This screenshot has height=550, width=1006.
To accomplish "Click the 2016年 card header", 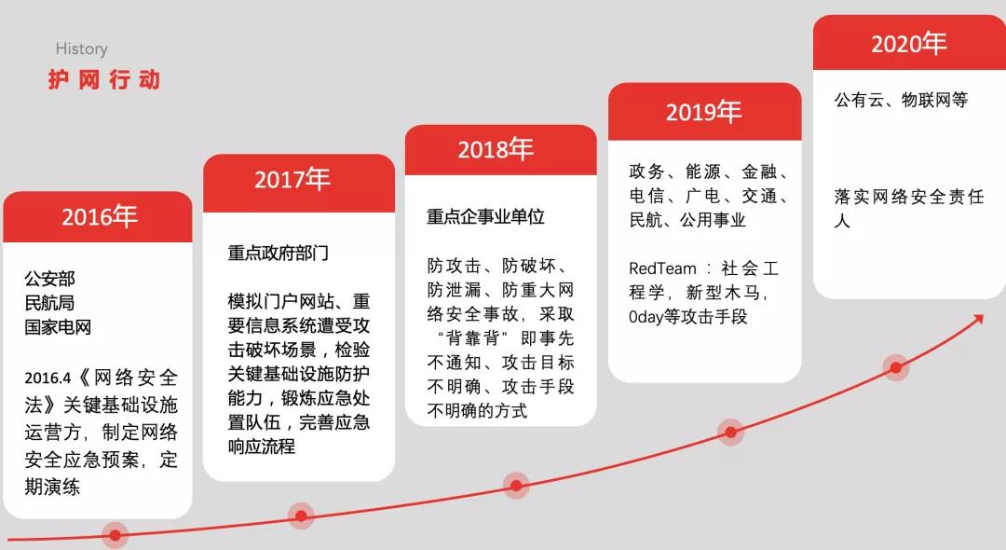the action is click(x=98, y=217).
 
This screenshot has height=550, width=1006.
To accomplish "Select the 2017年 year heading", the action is click(x=292, y=179).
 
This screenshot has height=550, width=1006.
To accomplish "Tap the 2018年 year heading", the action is click(x=496, y=149).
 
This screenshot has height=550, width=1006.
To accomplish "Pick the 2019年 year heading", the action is click(x=704, y=112).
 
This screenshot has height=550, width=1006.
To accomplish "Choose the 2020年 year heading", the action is click(x=909, y=44).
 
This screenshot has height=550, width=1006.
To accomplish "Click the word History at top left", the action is click(x=81, y=48).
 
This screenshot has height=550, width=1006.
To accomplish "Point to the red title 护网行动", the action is click(x=104, y=79).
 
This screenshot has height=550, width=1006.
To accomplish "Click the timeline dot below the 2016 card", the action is click(x=115, y=534).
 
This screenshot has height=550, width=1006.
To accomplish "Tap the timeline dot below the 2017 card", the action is click(x=301, y=516).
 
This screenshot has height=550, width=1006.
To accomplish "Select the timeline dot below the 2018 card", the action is click(x=516, y=485).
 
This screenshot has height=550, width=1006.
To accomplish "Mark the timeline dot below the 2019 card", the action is click(x=731, y=432).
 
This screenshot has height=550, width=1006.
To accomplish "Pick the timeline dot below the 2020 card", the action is click(x=896, y=367).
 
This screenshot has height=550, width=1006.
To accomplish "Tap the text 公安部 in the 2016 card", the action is click(x=50, y=279).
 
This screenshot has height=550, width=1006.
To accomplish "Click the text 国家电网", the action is click(x=58, y=327).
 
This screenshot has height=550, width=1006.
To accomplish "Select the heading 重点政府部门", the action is click(x=279, y=253).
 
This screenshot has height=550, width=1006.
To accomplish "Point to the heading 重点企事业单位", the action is click(x=485, y=217).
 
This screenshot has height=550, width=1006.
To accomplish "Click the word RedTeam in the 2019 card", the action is click(x=662, y=268).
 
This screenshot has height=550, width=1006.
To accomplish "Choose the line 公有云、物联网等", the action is click(x=901, y=100).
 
